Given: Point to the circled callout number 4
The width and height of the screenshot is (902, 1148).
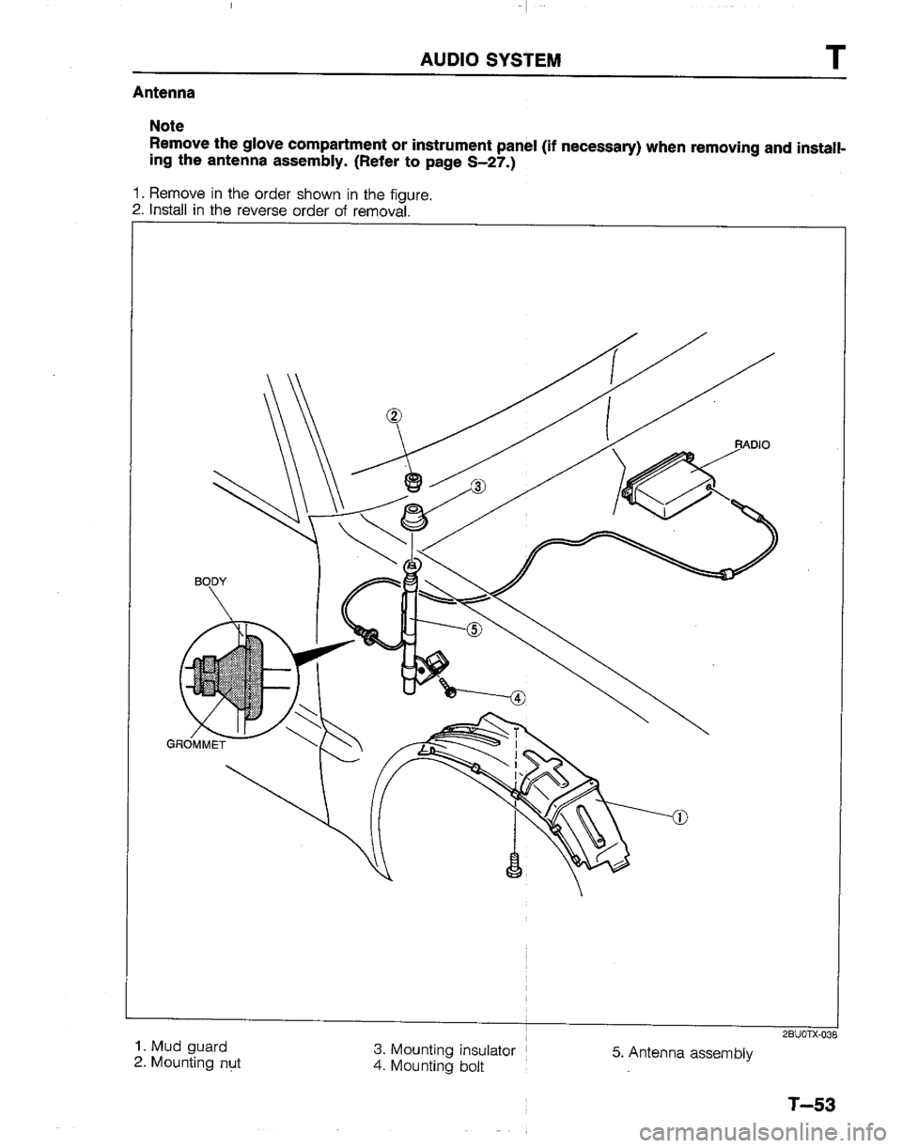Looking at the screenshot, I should point(518,698).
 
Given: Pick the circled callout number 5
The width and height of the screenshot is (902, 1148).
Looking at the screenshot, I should point(475,630).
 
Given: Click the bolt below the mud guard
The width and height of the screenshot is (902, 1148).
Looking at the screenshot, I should point(513,862).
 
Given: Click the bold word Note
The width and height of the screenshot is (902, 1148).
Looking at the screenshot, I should point(168,123).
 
